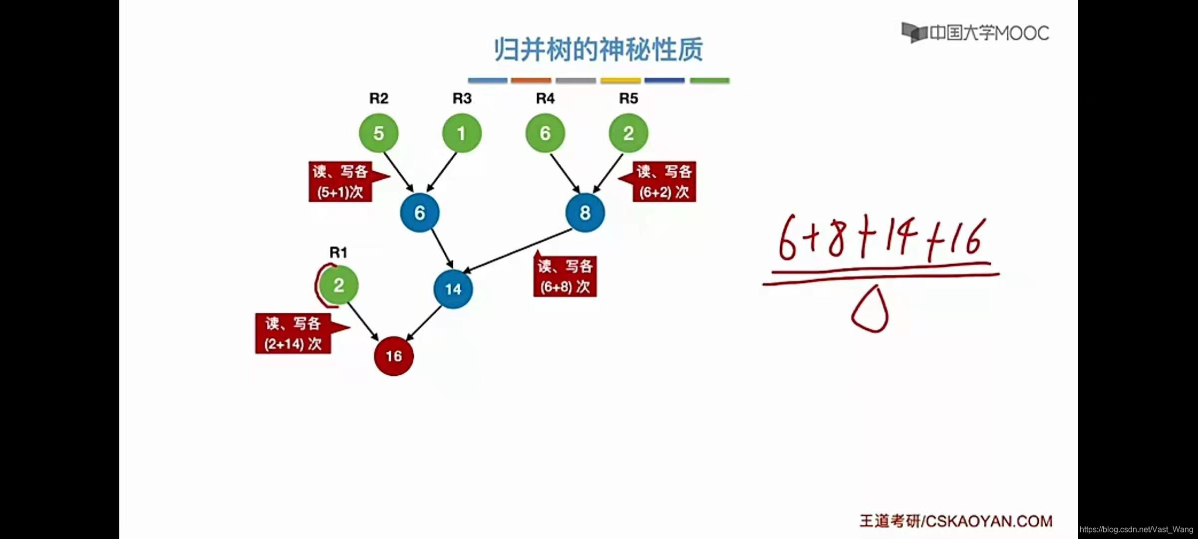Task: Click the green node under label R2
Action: (x=378, y=133)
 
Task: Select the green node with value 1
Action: (x=462, y=133)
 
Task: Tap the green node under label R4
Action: (x=545, y=133)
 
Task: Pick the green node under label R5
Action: (x=628, y=133)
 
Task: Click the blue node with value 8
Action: (x=585, y=213)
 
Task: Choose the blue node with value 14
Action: (x=453, y=289)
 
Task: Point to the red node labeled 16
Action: (x=394, y=356)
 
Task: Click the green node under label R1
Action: (x=338, y=285)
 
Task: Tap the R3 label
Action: (x=462, y=98)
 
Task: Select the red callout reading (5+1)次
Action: (x=340, y=182)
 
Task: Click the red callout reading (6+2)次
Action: (x=664, y=182)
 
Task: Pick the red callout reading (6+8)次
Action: (x=565, y=276)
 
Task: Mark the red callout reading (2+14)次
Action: (x=293, y=333)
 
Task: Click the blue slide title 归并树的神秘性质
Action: (x=598, y=49)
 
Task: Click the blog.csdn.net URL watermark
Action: (x=1136, y=530)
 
